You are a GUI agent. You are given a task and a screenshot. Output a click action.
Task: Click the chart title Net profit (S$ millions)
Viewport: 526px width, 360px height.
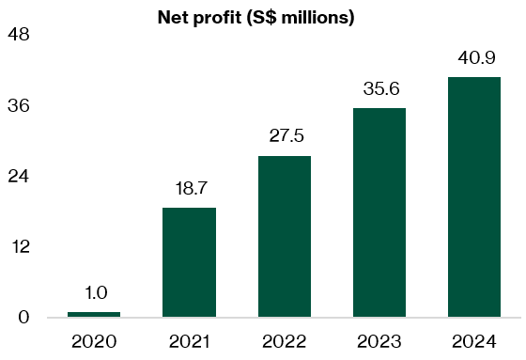[255, 18]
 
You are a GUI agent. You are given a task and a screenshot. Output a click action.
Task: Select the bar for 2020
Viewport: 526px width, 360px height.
[94, 314]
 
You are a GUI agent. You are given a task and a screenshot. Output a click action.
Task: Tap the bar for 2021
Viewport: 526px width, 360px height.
[189, 262]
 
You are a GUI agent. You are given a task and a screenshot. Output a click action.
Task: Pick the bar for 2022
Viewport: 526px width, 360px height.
[284, 236]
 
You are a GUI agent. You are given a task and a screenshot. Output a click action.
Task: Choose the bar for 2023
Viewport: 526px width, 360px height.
[379, 212]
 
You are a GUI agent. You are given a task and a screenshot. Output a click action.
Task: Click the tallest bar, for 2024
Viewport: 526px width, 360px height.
[474, 196]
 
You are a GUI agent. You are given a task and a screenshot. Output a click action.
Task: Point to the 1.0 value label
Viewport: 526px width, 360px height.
[94, 292]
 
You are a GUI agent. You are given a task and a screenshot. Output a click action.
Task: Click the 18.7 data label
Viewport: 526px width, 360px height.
[189, 188]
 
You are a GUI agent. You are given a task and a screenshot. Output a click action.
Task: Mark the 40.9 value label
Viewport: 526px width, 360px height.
[474, 57]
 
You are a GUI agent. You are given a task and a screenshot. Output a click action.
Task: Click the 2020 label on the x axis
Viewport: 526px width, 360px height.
[94, 340]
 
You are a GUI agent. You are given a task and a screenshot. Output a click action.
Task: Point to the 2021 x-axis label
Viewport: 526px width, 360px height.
[189, 340]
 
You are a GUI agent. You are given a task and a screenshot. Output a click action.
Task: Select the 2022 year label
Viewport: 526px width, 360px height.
[284, 340]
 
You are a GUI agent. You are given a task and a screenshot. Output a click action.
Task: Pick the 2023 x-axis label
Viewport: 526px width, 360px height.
[379, 340]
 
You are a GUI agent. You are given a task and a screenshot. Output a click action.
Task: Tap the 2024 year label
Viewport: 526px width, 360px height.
[474, 340]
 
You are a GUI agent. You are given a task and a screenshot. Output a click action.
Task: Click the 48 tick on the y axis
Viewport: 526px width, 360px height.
[19, 35]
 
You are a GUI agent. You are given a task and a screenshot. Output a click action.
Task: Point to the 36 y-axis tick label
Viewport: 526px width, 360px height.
[19, 105]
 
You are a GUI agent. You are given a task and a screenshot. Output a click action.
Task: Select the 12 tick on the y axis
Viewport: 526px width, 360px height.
[19, 247]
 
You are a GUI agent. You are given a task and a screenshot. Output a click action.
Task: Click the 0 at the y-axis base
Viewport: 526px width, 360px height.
[24, 318]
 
